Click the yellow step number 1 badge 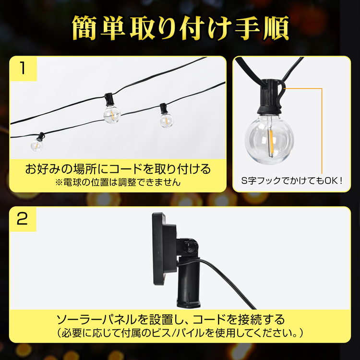coord(23,69)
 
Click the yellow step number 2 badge coord(23,219)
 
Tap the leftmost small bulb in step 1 coord(37,145)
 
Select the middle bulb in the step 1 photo coord(112,114)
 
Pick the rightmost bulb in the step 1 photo coord(166,120)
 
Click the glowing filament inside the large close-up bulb coord(271,144)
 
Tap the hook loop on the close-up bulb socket coord(282,94)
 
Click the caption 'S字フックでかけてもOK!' coord(292,180)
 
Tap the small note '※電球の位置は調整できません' coord(118,182)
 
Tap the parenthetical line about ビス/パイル coord(180,333)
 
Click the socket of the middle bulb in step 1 coord(108,98)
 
